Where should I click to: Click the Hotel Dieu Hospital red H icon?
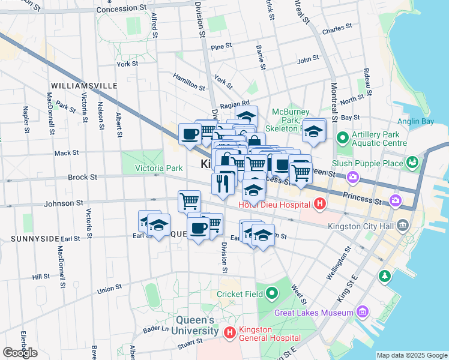[320, 204]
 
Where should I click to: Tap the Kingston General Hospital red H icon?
[229, 332]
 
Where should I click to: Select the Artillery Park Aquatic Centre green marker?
[343, 139]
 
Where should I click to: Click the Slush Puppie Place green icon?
[412, 162]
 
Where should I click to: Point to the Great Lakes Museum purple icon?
[362, 312]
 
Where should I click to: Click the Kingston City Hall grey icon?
[402, 226]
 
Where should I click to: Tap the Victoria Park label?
[158, 168]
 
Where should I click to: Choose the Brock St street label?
[82, 178]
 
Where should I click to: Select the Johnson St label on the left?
[62, 203]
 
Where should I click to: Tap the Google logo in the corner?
[20, 352]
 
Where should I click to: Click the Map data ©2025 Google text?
[411, 355]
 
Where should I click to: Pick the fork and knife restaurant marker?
[223, 183]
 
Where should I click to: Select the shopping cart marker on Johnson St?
[190, 200]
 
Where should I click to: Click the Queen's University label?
[197, 325]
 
